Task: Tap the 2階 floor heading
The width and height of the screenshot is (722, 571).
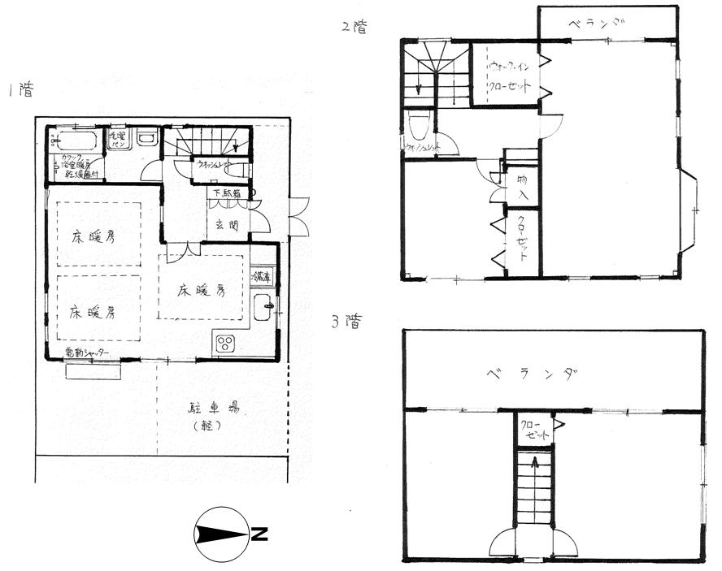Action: (354, 27)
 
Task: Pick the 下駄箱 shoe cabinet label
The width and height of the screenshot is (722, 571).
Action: (227, 193)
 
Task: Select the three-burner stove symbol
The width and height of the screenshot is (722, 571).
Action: (225, 344)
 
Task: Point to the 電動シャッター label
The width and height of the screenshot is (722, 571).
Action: (87, 353)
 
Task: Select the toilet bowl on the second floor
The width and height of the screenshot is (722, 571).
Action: (419, 126)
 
